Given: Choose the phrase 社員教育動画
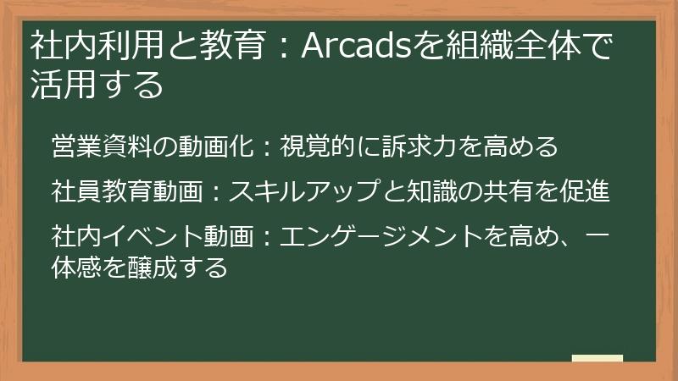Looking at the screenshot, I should (x=127, y=191).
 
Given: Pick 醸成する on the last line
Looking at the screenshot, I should (x=178, y=267).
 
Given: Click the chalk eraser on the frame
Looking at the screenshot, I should (x=597, y=359).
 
